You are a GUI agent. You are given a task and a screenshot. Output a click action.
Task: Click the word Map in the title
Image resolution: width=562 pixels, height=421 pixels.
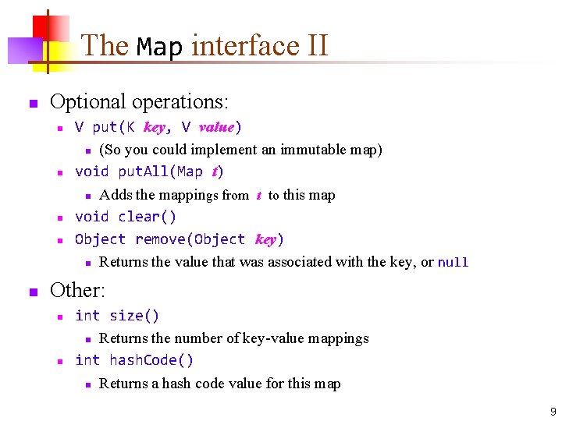(159, 47)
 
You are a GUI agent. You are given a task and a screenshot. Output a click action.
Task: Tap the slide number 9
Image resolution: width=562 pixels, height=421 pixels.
(553, 412)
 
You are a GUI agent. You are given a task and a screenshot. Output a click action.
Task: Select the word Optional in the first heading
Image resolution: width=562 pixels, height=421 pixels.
(87, 101)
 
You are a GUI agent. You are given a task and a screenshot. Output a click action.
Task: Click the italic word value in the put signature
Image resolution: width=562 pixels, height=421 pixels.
(217, 127)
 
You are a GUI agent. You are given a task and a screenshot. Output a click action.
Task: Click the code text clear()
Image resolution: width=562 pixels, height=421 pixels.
(148, 217)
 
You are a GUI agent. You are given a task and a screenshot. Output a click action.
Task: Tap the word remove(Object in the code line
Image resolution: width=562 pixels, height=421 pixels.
(190, 239)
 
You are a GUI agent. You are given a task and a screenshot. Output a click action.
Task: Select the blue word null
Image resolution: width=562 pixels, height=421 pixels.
(453, 263)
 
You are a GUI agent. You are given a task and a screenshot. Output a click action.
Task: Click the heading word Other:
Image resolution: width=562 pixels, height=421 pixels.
(77, 291)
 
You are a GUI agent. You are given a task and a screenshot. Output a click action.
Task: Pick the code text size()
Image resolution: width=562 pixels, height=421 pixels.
(134, 316)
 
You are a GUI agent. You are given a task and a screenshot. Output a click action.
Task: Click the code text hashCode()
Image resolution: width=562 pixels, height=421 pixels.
(151, 360)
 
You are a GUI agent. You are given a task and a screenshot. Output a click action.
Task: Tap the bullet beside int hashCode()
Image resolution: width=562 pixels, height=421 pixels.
(58, 361)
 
